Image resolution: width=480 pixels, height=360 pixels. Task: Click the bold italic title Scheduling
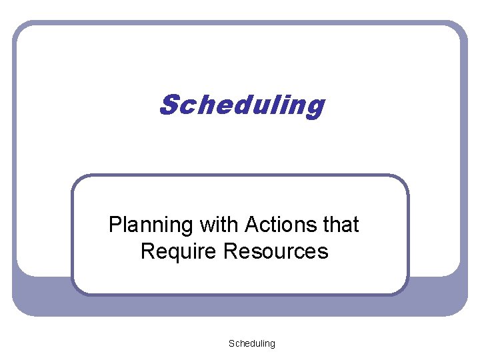[241, 105]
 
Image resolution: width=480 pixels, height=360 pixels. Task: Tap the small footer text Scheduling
[251, 343]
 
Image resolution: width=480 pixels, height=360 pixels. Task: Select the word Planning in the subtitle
[150, 225]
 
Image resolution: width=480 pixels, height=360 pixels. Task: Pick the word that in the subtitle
[340, 225]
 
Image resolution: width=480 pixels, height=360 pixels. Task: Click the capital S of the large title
[169, 105]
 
